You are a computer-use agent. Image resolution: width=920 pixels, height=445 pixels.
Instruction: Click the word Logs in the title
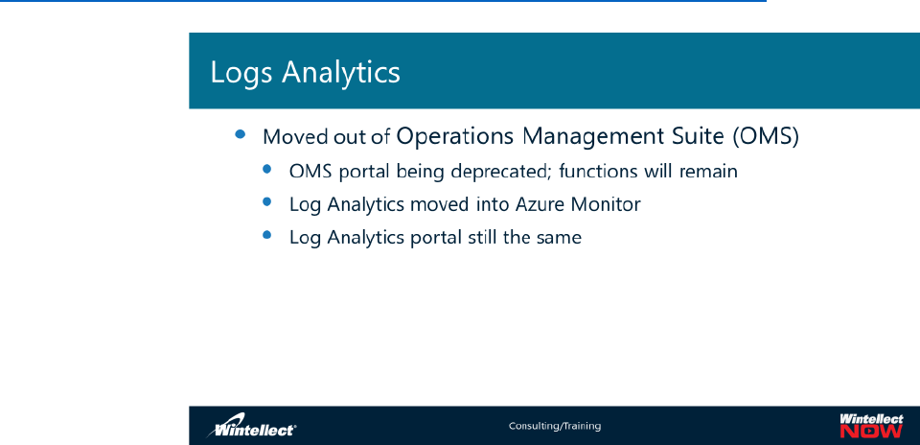[241, 74]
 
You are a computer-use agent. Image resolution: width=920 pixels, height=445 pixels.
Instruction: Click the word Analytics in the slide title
[341, 73]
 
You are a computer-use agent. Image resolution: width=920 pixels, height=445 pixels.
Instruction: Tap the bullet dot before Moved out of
[240, 134]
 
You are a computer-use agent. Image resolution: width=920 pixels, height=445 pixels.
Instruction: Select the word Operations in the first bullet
[455, 136]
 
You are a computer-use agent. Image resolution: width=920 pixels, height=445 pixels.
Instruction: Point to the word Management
[594, 137]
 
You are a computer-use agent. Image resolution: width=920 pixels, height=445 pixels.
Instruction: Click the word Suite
[699, 136]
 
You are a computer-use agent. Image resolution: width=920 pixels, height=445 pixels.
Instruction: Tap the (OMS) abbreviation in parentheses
[766, 137]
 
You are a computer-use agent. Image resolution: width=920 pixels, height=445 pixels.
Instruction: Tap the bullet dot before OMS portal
[267, 169]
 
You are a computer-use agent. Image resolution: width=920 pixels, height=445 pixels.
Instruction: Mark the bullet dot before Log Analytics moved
[267, 202]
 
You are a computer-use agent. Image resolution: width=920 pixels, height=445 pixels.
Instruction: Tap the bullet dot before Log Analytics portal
[267, 235]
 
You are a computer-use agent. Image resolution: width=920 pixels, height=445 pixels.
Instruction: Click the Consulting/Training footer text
[555, 426]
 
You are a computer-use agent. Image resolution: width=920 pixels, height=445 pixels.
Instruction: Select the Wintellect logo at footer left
[251, 429]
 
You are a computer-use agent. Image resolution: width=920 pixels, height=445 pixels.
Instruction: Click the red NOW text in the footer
[871, 432]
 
